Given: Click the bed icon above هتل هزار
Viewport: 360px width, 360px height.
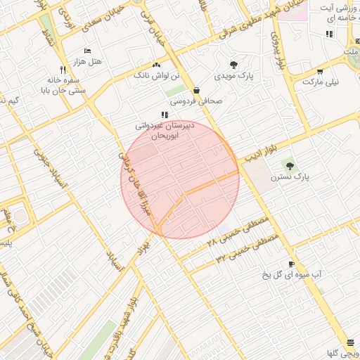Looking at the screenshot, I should pyautogui.click(x=87, y=51).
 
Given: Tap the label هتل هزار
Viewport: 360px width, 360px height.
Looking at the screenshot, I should pyautogui.click(x=87, y=62).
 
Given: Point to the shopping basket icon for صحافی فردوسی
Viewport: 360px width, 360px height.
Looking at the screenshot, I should pyautogui.click(x=195, y=90).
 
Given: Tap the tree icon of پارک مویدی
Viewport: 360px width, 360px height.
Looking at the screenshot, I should pyautogui.click(x=233, y=64).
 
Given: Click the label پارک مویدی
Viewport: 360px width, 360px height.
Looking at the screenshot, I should pyautogui.click(x=233, y=75).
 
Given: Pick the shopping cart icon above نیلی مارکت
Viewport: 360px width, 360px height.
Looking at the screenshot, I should pyautogui.click(x=320, y=71).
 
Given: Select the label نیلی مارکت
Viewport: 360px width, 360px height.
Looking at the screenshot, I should pyautogui.click(x=320, y=82).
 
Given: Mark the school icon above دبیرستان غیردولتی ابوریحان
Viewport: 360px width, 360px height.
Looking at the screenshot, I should pyautogui.click(x=165, y=115).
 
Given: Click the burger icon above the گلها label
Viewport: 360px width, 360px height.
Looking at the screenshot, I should pyautogui.click(x=351, y=342).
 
